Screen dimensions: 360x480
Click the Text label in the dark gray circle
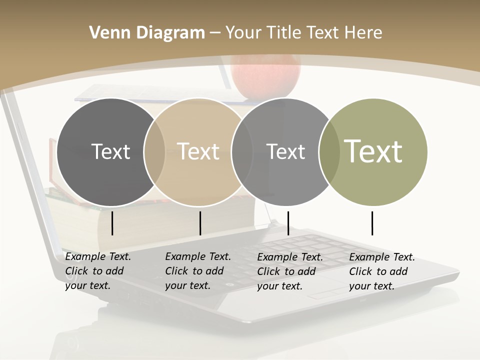tap(110, 151)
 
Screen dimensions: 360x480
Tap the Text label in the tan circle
tap(198, 151)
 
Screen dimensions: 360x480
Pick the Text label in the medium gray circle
tap(285, 151)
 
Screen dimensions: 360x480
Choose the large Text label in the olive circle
tap(373, 151)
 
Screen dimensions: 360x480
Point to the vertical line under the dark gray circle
tap(112, 223)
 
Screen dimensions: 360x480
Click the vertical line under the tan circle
tap(200, 223)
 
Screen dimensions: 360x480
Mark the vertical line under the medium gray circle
tap(288, 223)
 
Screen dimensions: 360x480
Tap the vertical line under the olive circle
tap(372, 223)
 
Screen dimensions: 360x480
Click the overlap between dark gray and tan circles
tap(154, 151)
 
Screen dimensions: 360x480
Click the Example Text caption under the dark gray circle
tap(98, 271)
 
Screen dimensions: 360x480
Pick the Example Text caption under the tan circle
tap(198, 271)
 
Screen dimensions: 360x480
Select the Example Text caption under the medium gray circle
tap(290, 271)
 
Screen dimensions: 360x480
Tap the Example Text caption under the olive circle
tap(382, 271)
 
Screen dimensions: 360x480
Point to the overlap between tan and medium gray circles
tap(242, 151)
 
